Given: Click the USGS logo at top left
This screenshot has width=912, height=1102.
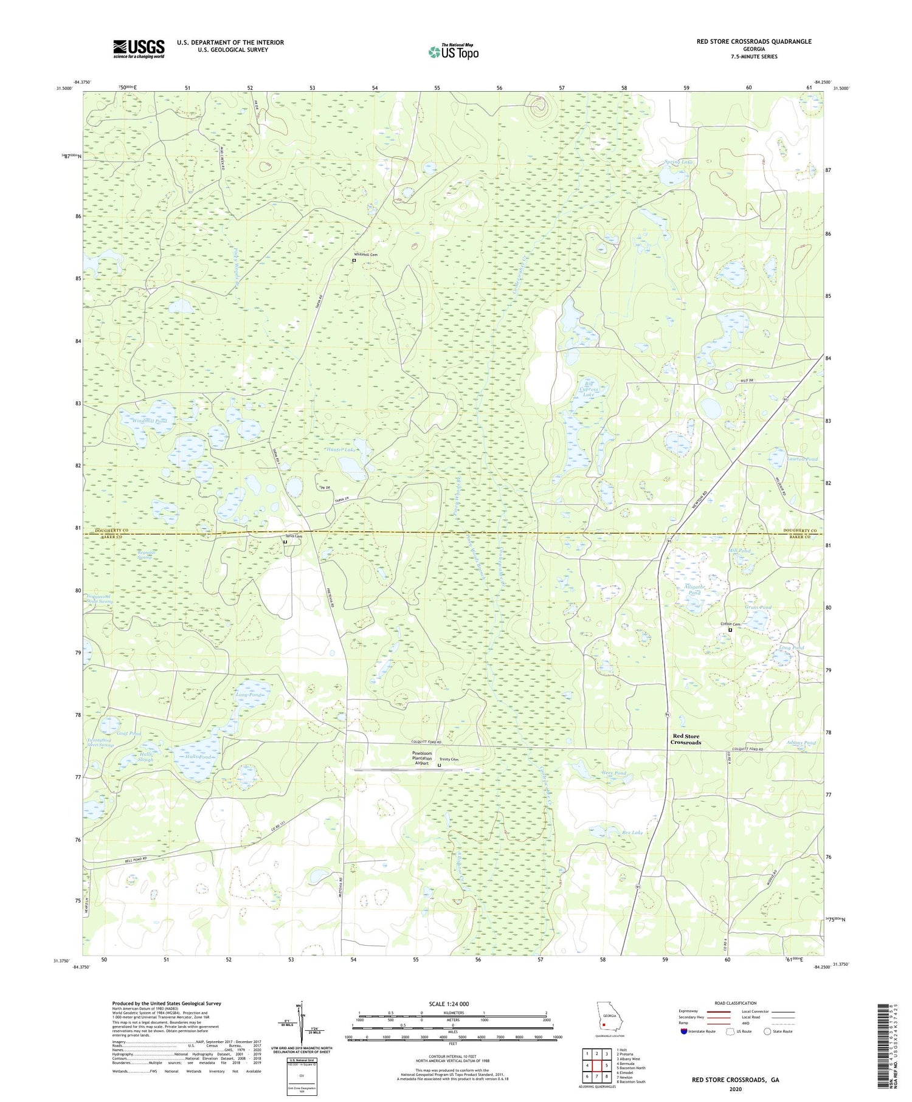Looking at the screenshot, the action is click(x=139, y=49).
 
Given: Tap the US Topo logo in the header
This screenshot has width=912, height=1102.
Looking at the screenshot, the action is click(x=453, y=52).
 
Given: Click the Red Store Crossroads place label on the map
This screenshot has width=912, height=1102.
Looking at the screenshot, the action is click(x=685, y=739).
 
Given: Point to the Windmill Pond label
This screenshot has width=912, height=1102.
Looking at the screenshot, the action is click(x=143, y=421).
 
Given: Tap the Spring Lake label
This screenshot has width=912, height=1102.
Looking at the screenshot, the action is click(x=679, y=162).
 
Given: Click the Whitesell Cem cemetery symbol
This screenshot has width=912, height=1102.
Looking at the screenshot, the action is click(x=354, y=260).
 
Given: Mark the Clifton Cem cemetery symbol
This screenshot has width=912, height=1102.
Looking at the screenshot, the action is click(x=730, y=630).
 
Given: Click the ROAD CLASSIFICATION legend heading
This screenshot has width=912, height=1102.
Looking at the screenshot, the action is click(x=736, y=1004).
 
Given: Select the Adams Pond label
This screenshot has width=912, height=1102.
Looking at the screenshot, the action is click(x=801, y=743).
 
